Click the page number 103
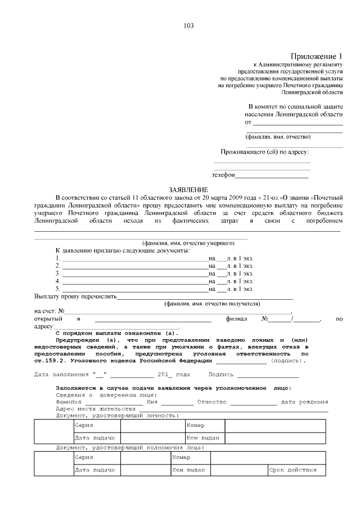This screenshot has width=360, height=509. pyautogui.click(x=188, y=26)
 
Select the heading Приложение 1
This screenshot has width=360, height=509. pyautogui.click(x=316, y=56)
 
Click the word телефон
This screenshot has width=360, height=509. pyautogui.click(x=223, y=175)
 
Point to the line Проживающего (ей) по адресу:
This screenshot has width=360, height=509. pyautogui.click(x=264, y=152)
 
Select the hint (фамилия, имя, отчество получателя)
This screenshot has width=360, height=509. pyautogui.click(x=212, y=304)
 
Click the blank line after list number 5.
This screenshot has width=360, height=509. pyautogui.click(x=135, y=289)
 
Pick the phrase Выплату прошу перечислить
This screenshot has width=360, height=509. pyautogui.click(x=75, y=296)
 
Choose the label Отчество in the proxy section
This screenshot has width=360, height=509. pyautogui.click(x=211, y=402)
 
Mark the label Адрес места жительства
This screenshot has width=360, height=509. pyautogui.click(x=96, y=409)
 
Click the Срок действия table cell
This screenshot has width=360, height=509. pyautogui.click(x=293, y=470)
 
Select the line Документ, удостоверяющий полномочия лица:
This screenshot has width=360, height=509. pyautogui.click(x=130, y=448)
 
